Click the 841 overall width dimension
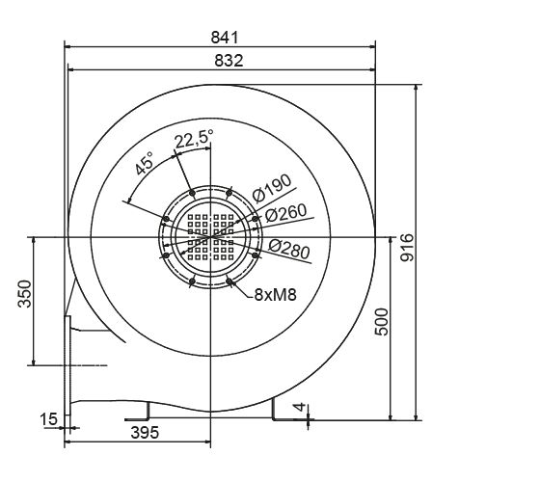[x=223, y=37]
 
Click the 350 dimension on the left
[x=26, y=293]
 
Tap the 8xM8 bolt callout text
[x=275, y=294]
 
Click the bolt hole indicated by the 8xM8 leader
[x=233, y=281]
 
